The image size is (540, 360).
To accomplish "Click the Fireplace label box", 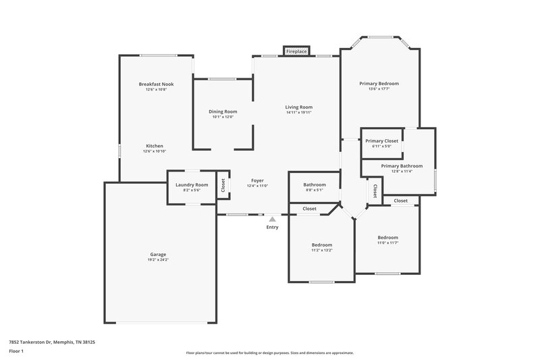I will pos(296,51).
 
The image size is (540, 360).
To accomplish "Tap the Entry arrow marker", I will pos(272,219).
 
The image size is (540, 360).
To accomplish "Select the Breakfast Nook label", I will pos(157,84).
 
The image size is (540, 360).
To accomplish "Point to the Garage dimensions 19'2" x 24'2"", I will pos(158,260).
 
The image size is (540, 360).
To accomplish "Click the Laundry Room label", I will pos(192,184).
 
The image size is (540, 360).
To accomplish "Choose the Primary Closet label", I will pos(382,140).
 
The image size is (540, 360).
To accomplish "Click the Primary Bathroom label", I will pos(402,165).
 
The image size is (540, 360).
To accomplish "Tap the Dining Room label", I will pos(223,111).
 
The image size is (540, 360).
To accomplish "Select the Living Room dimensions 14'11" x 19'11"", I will pos(299,112).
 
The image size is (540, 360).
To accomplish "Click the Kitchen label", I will pos(155,146).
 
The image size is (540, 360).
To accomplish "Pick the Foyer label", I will pos(257,180).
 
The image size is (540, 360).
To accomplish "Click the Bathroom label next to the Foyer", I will pos(315,184).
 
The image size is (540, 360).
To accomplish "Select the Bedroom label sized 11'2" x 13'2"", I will pos(322,245).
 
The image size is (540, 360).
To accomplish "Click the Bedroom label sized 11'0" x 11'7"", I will pos(387,238).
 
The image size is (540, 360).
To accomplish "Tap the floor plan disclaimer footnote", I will pos(270,353).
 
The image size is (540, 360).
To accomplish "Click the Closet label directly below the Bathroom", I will pos(309,209).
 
